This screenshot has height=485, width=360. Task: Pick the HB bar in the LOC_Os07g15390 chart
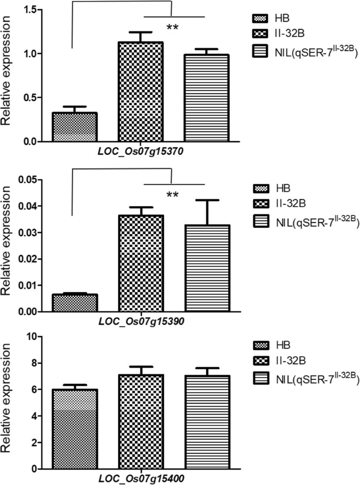pyautogui.click(x=75, y=303)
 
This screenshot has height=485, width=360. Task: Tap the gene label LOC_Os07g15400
pyautogui.click(x=140, y=479)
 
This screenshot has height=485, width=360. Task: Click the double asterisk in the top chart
pyautogui.click(x=172, y=27)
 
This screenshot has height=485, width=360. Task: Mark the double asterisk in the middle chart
pyautogui.click(x=172, y=195)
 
